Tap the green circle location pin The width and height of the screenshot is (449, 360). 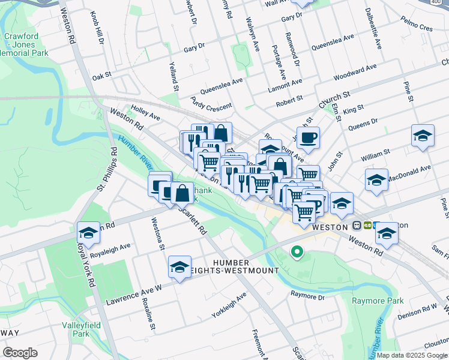click(x=296, y=253)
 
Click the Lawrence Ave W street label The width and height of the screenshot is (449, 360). click(x=134, y=295)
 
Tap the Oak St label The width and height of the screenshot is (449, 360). click(x=102, y=76)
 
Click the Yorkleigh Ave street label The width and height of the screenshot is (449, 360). click(x=229, y=305)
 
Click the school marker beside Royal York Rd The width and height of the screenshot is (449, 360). click(x=88, y=233)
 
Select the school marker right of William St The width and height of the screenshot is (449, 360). click(x=423, y=136)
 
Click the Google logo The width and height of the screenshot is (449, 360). click(x=20, y=353)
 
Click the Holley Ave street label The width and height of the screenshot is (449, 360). click(x=145, y=113)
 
